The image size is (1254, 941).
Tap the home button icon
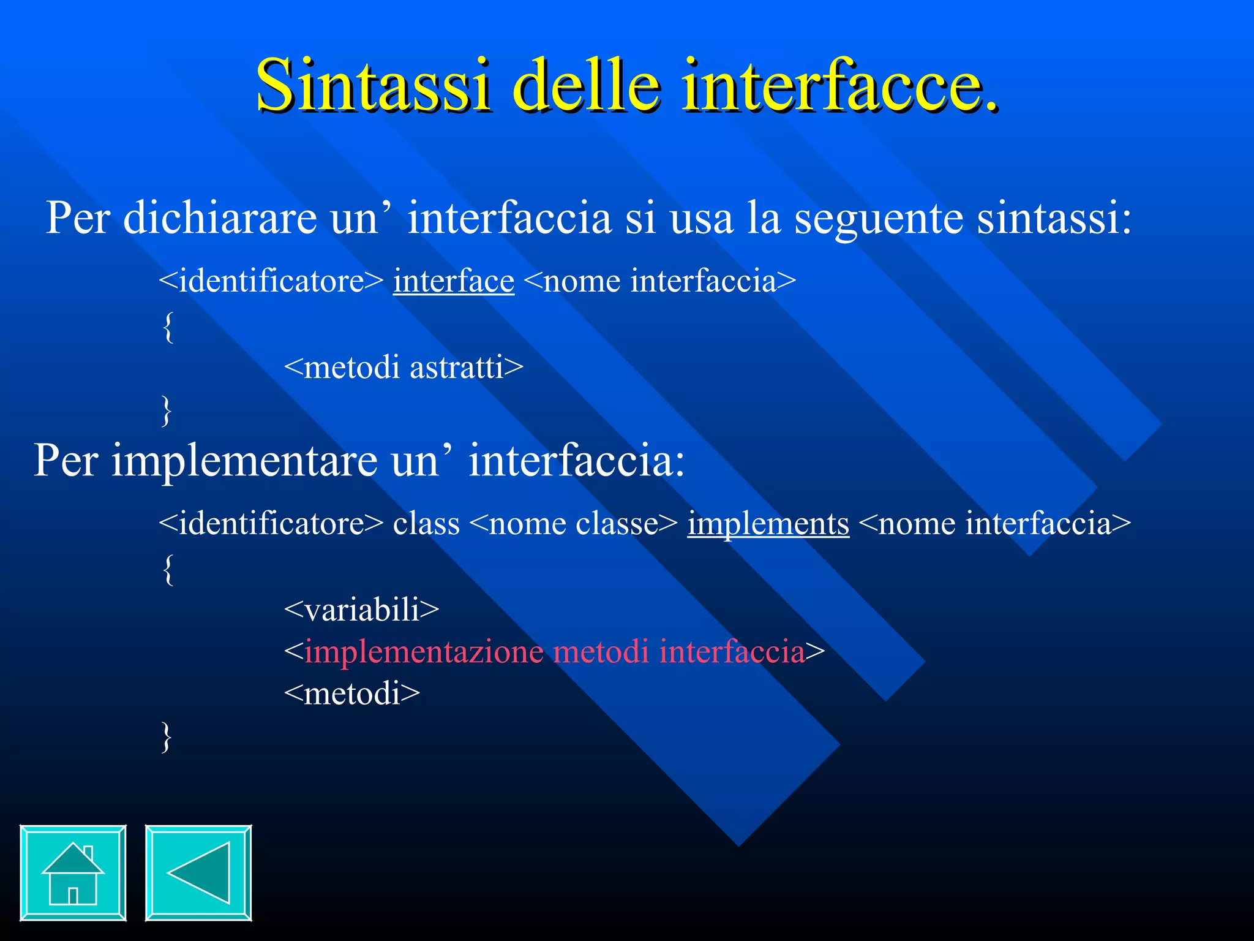pos(73,872)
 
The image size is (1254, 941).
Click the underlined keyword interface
pos(453,281)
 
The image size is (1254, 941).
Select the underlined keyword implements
pos(768,524)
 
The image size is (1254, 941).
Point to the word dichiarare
pos(220,217)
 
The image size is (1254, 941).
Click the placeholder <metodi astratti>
pos(404,368)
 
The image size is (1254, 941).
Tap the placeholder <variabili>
pos(361,610)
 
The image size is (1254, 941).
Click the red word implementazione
pos(424,651)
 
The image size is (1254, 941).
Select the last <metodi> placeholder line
pos(352,693)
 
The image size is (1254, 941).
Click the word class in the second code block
pos(426,524)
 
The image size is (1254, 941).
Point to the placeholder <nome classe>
pos(574,524)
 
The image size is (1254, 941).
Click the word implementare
pos(244,461)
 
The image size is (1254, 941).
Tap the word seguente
pos(878,217)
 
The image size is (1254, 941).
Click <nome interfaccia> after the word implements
pos(994,524)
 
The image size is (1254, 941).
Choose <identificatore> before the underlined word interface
pos(271,281)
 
